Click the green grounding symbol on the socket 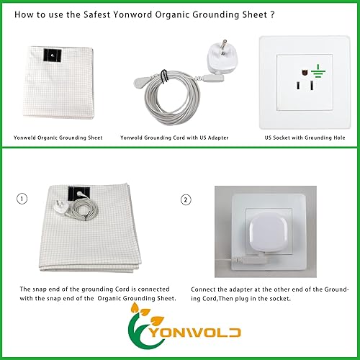point(317,73)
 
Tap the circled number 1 point(25,199)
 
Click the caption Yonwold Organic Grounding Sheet point(58,136)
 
